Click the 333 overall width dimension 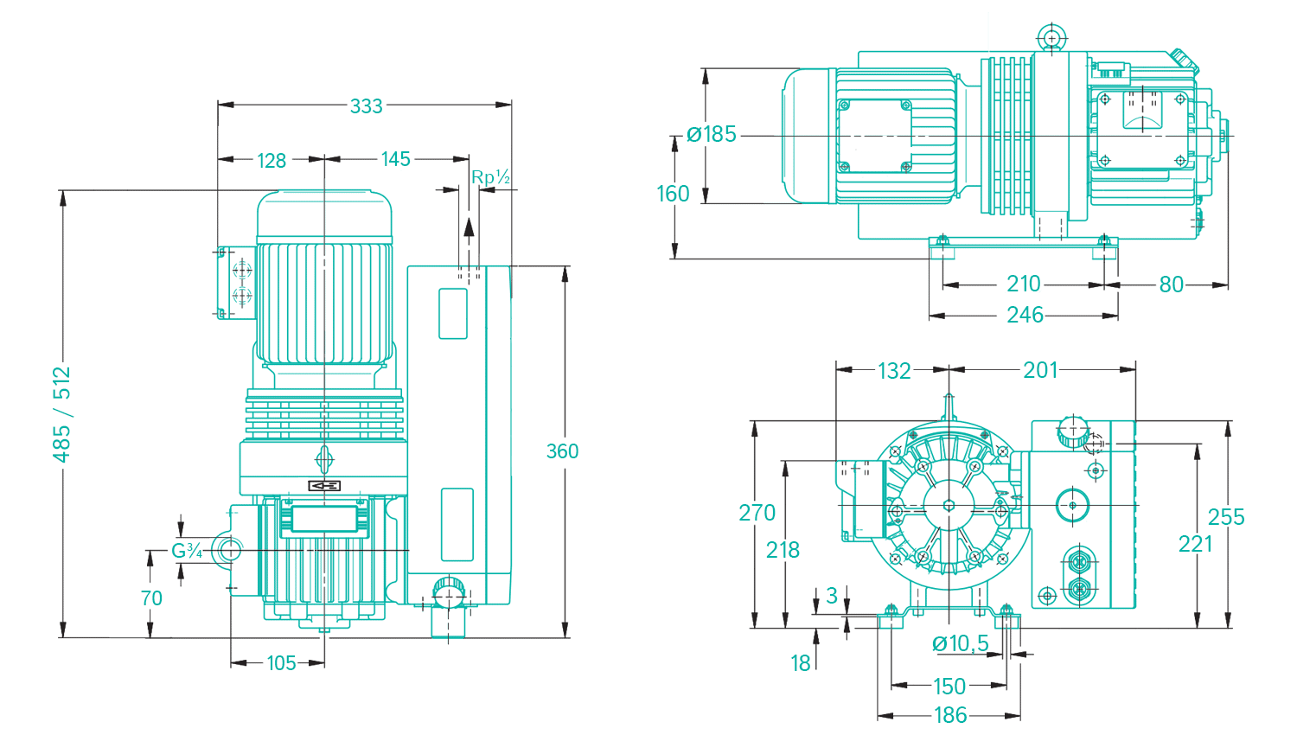coord(366,105)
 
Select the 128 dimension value coord(272,160)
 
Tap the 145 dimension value coord(396,159)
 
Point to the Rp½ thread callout coord(490,178)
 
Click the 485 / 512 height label coord(62,414)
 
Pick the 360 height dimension coord(562,451)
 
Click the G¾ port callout coord(187,551)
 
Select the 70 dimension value coord(151,598)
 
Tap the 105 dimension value coord(281,663)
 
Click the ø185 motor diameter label coord(712,135)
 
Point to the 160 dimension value coord(673,194)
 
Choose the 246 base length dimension coord(1025,315)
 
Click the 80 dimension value coord(1172,284)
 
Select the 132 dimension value coord(894,371)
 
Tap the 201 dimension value coord(1040,370)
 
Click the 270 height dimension coord(757,513)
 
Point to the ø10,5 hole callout coord(961,643)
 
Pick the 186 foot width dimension coord(950,715)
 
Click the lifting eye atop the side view coord(1051,38)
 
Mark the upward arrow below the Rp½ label coord(469,228)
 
